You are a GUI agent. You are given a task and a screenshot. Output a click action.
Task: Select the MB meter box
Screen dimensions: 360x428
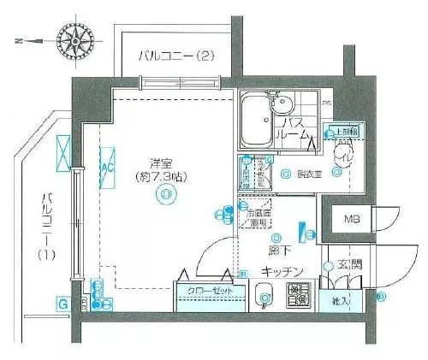coord(352,219)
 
